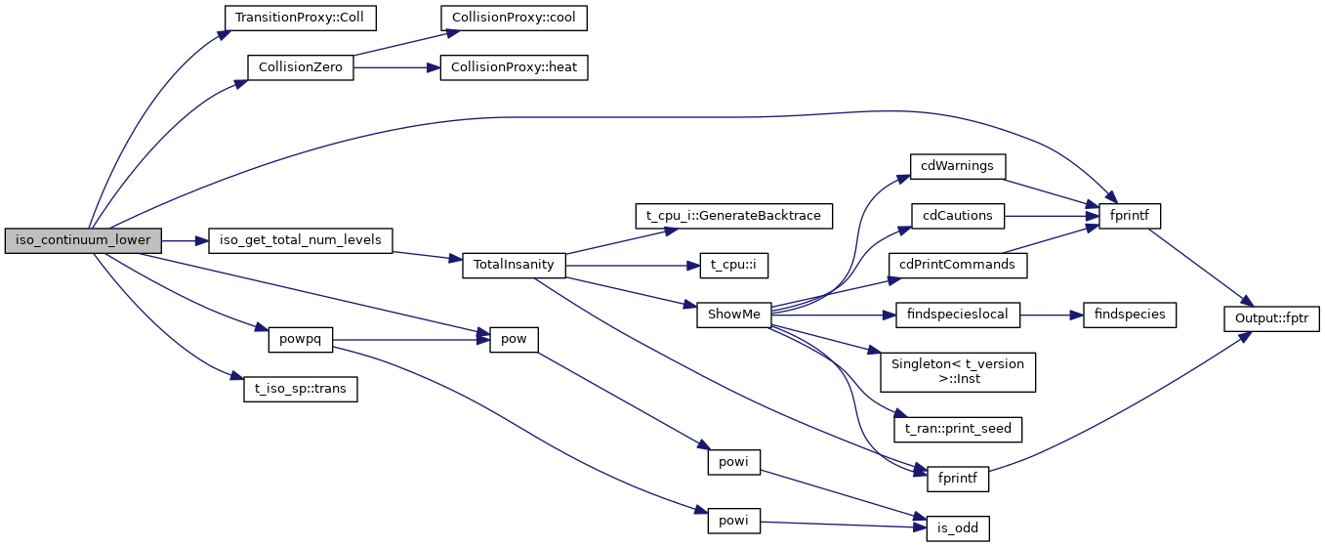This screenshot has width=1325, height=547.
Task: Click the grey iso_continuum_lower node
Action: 83,240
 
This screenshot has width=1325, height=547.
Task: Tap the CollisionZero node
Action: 301,68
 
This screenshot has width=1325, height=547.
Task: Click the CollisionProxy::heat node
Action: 515,68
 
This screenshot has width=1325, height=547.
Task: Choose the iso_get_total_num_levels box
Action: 301,240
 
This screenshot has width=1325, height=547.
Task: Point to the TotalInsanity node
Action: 514,265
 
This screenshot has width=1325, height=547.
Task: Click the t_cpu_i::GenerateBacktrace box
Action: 733,215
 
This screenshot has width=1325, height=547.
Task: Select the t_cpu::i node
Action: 733,265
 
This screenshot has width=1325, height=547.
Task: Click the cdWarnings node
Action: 957,165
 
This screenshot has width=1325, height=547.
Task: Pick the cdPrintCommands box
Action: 957,265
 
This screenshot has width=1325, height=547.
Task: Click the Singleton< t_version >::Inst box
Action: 957,372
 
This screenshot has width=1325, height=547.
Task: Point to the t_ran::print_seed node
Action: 957,429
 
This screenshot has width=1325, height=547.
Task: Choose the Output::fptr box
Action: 1271,316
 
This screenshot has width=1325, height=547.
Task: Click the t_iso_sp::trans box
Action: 301,390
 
